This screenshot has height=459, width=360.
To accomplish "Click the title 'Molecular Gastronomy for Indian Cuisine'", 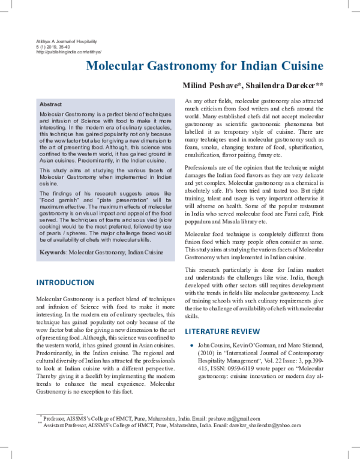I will [205, 65].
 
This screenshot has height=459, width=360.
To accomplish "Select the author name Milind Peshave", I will [213, 86].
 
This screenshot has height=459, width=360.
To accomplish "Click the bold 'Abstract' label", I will [50, 104].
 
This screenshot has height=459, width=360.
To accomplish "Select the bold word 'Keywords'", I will [52, 253].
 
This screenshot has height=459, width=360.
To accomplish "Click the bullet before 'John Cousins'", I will [190, 347].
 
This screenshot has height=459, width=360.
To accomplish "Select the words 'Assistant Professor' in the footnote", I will [64, 424].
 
